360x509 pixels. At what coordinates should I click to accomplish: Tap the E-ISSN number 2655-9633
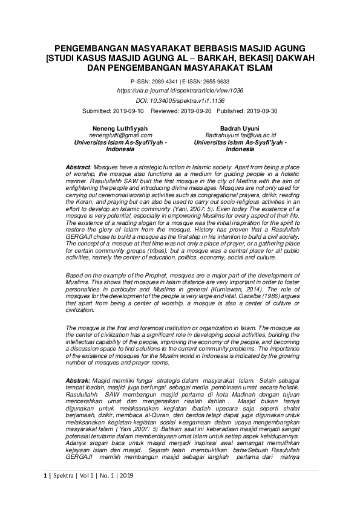tap(215, 80)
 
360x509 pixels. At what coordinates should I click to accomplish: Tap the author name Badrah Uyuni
tap(240, 128)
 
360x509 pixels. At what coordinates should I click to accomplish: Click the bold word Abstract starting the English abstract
tap(77, 166)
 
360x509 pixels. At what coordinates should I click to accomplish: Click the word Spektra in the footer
tap(61, 492)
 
